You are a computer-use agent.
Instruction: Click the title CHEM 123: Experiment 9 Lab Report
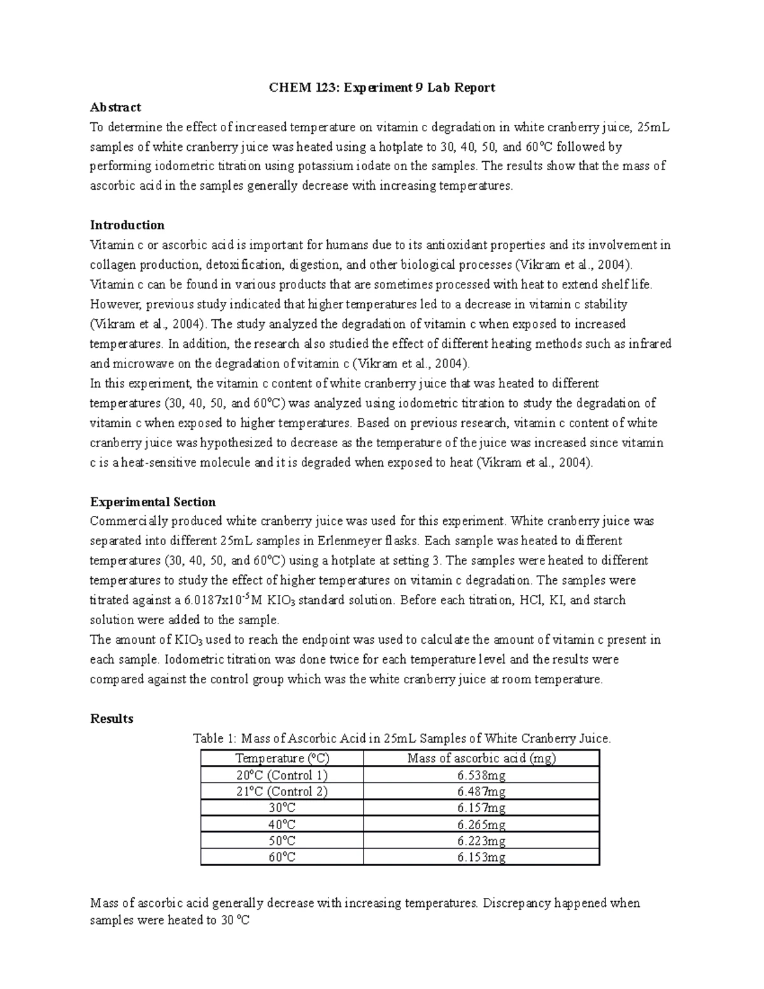coord(381,87)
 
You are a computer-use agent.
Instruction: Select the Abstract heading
coord(115,107)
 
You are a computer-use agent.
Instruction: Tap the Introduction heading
coord(127,225)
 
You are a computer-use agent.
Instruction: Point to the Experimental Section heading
coord(153,501)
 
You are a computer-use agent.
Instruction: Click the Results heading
coord(111,718)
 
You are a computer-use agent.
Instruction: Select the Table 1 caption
coord(402,739)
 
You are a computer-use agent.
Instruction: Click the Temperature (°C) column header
coord(282,758)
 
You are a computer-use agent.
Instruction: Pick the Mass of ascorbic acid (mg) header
coord(481,758)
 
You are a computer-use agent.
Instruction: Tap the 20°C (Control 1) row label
coord(281,775)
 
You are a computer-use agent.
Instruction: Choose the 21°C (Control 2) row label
coord(281,792)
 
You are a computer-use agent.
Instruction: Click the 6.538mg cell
coord(481,775)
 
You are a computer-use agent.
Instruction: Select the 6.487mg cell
coord(481,792)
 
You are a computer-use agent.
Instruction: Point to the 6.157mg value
coord(481,808)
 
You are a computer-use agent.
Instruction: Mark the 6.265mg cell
coord(481,825)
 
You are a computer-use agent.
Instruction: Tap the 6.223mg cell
coord(481,841)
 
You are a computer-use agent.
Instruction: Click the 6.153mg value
coord(481,857)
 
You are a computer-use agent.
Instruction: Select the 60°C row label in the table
coord(281,857)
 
